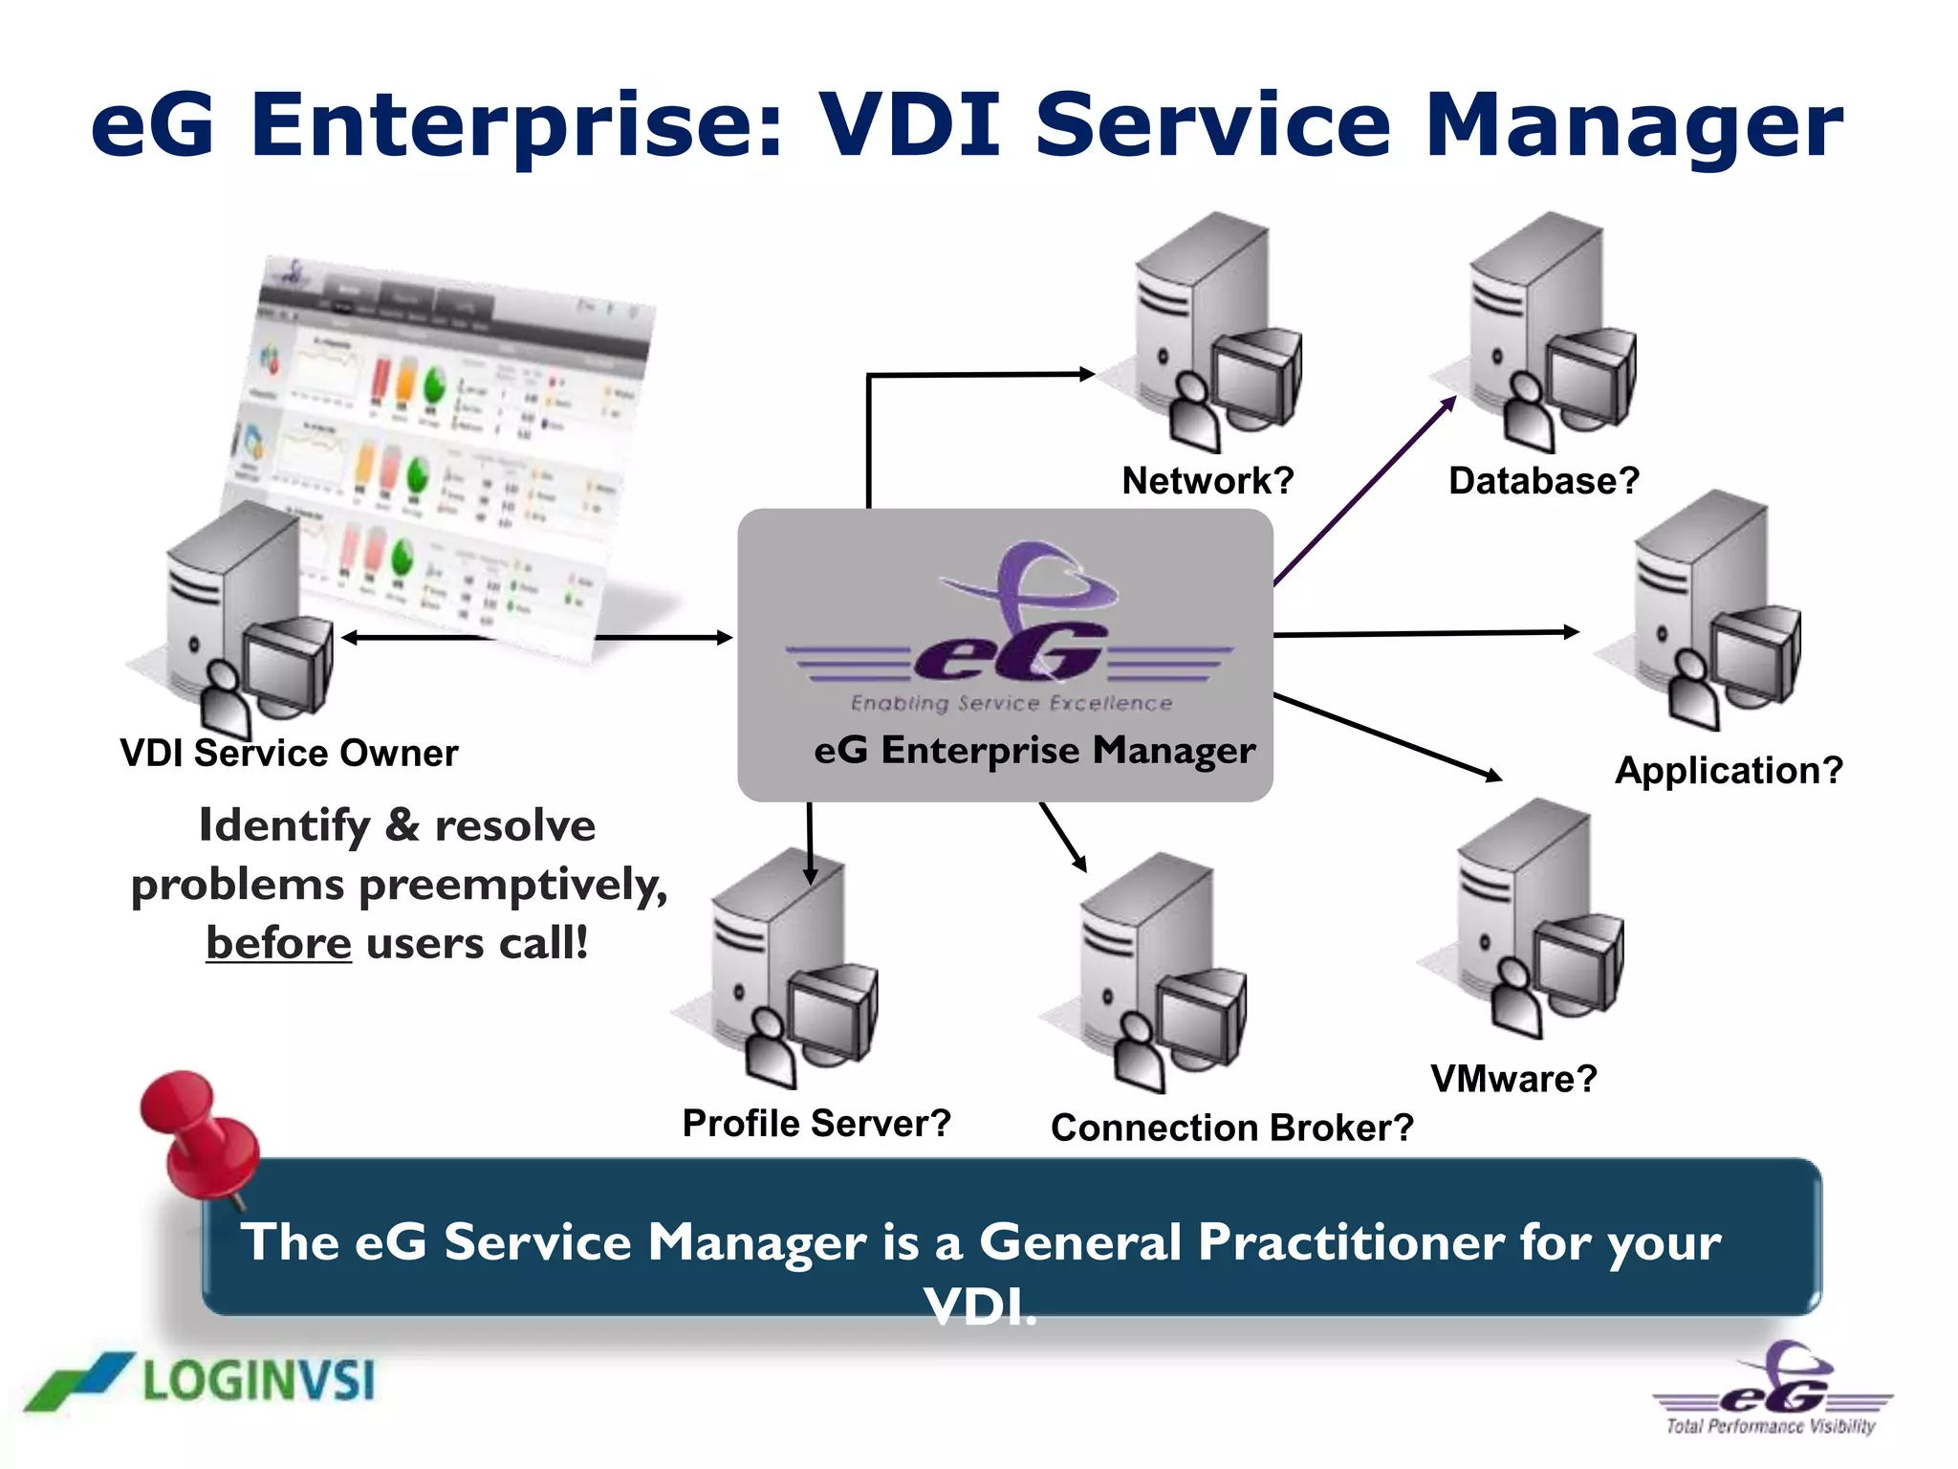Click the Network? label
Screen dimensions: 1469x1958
pyautogui.click(x=1207, y=480)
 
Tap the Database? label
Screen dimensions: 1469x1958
pyautogui.click(x=1543, y=480)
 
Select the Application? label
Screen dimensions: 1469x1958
pyautogui.click(x=1729, y=770)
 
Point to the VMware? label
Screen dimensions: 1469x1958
pyautogui.click(x=1513, y=1079)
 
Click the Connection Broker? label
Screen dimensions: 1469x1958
pyautogui.click(x=1231, y=1128)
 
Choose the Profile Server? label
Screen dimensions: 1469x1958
pyautogui.click(x=816, y=1123)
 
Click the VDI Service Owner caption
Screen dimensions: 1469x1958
pyautogui.click(x=289, y=753)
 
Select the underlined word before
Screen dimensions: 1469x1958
pyautogui.click(x=278, y=943)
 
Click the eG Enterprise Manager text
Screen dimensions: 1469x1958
pyautogui.click(x=1034, y=750)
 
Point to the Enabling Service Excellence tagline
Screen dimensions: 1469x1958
pyautogui.click(x=1012, y=703)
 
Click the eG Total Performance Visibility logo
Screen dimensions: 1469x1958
pyautogui.click(x=1773, y=1392)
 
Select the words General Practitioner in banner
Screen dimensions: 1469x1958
pyautogui.click(x=1242, y=1242)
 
